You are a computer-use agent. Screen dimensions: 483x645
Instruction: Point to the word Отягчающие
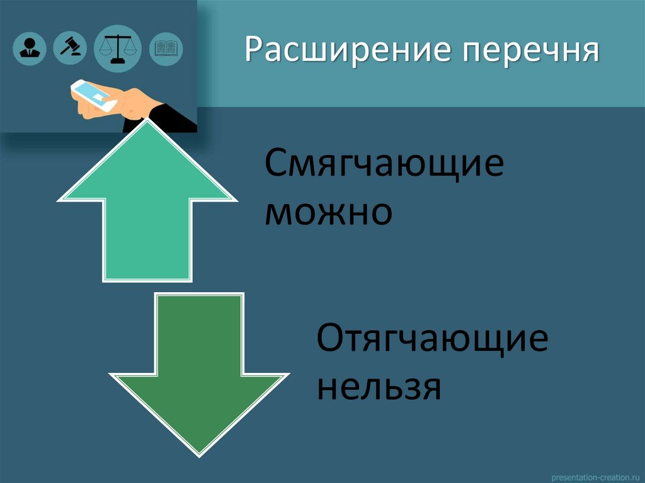(x=432, y=341)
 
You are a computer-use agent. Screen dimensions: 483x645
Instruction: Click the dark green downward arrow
(x=198, y=372)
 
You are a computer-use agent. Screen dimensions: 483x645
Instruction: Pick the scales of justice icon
(x=117, y=47)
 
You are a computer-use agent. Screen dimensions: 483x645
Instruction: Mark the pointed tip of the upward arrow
(x=147, y=123)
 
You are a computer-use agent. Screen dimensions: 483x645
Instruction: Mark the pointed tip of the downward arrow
(x=198, y=452)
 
